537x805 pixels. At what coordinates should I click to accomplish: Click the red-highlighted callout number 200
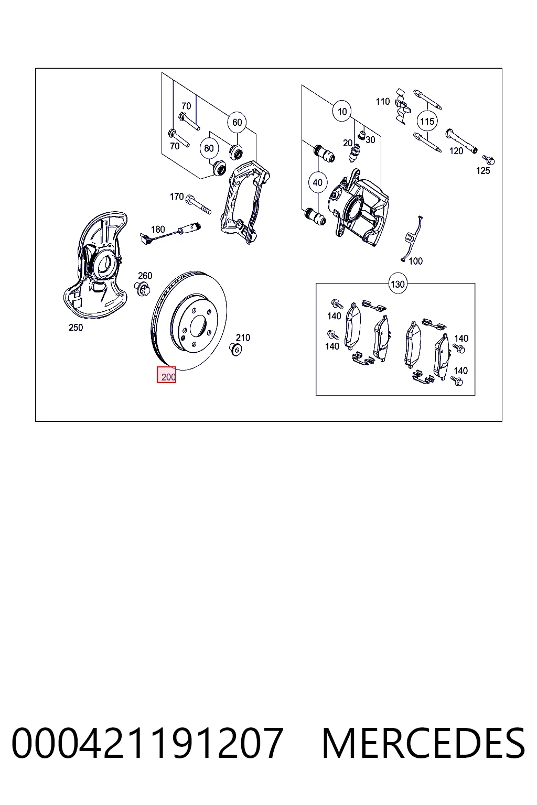pyautogui.click(x=167, y=375)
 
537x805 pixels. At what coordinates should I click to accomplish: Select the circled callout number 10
pyautogui.click(x=342, y=112)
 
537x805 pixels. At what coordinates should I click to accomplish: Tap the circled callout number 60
pyautogui.click(x=237, y=123)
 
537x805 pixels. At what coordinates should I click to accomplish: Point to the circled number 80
pyautogui.click(x=209, y=148)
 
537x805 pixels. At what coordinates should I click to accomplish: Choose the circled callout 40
pyautogui.click(x=318, y=182)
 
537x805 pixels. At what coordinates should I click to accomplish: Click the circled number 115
pyautogui.click(x=427, y=121)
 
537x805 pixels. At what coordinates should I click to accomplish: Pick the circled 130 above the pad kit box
pyautogui.click(x=398, y=284)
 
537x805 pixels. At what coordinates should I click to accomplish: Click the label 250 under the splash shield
pyautogui.click(x=76, y=328)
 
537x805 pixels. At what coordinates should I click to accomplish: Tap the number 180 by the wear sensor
pyautogui.click(x=158, y=229)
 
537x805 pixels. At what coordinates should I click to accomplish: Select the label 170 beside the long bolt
pyautogui.click(x=177, y=197)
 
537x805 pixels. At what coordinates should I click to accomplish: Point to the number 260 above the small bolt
pyautogui.click(x=145, y=276)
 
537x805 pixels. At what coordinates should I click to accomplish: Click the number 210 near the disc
pyautogui.click(x=243, y=338)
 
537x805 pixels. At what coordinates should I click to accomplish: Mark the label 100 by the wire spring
pyautogui.click(x=415, y=262)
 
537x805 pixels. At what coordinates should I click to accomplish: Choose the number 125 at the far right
pyautogui.click(x=483, y=171)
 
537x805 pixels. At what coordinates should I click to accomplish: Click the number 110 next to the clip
pyautogui.click(x=383, y=102)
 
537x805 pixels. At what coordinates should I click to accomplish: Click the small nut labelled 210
pyautogui.click(x=235, y=349)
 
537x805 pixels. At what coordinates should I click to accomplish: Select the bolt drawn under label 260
pyautogui.click(x=143, y=289)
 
